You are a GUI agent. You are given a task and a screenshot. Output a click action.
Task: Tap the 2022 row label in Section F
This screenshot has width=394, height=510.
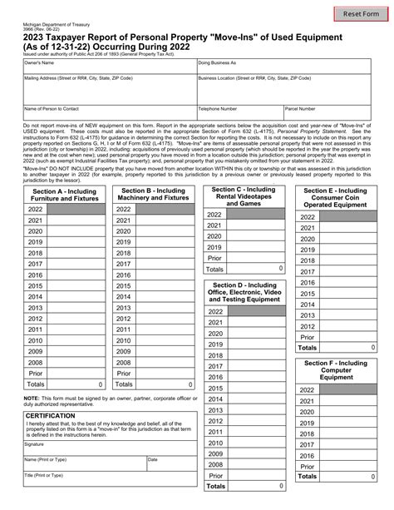click(x=307, y=389)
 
